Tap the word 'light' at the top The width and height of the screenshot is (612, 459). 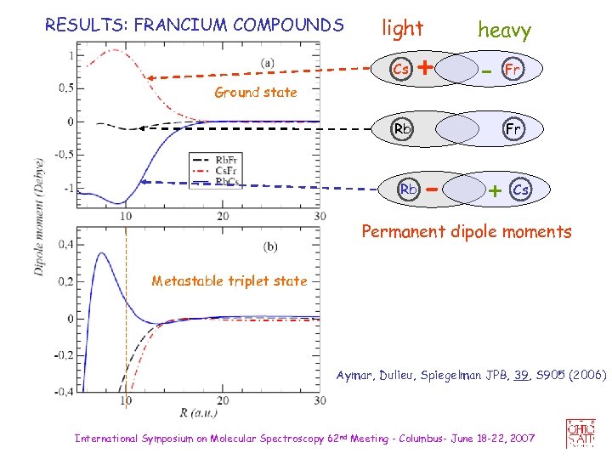tap(402, 29)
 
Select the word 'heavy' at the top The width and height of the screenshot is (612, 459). tap(504, 31)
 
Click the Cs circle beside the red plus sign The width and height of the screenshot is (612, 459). tap(400, 67)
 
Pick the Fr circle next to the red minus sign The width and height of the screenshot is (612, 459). tap(512, 67)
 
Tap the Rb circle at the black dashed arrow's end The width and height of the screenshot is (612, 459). tap(400, 130)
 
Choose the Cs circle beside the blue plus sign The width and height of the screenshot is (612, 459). tap(521, 190)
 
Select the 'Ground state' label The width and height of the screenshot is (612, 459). tap(255, 92)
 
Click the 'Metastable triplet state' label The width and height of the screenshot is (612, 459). tap(229, 280)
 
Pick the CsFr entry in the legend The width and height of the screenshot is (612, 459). tap(226, 170)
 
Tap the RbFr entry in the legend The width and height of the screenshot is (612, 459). tap(226, 160)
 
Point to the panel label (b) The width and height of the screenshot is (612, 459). tap(269, 246)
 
